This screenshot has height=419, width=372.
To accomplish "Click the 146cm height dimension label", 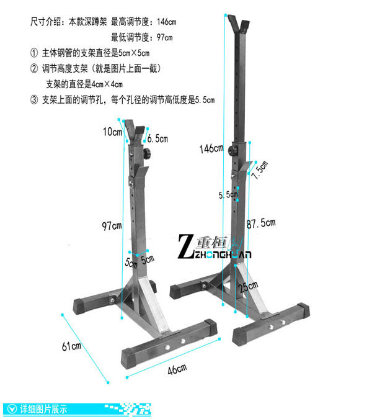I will [211, 148].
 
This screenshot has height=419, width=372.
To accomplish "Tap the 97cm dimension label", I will [112, 225].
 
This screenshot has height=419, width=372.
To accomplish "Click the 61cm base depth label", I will [71, 346].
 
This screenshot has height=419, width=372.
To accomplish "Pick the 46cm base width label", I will [177, 370].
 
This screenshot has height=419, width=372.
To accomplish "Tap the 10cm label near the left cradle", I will [112, 132].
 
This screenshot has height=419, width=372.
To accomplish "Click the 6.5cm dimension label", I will [157, 140].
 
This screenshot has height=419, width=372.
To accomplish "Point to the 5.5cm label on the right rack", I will [228, 194].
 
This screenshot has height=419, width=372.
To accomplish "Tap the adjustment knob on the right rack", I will [234, 151].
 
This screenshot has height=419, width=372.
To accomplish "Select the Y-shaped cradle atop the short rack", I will [136, 130].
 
